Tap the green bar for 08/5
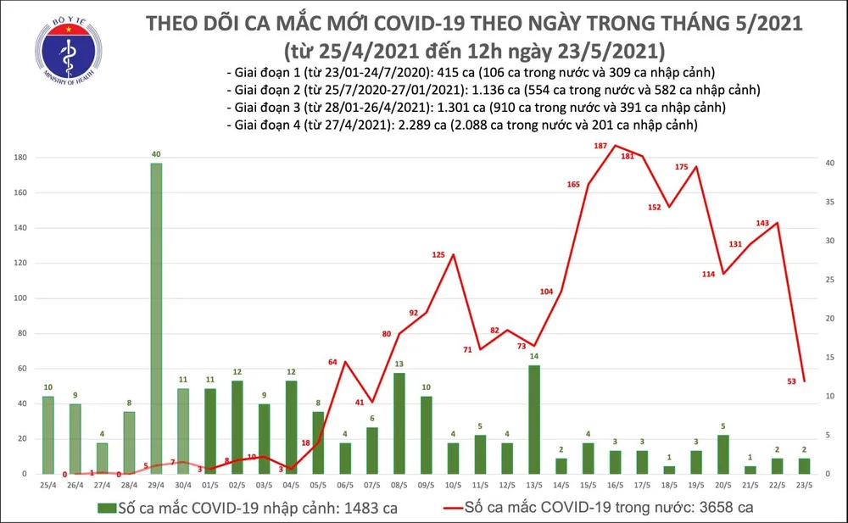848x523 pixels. click(x=399, y=423)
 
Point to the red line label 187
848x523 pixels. click(x=600, y=147)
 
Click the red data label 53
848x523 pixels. click(x=790, y=381)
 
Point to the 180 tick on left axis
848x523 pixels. click(x=19, y=158)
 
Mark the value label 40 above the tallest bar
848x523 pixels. click(x=156, y=153)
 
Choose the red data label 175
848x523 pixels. click(x=681, y=167)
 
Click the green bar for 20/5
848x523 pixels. click(x=722, y=453)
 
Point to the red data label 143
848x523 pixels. click(x=762, y=223)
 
